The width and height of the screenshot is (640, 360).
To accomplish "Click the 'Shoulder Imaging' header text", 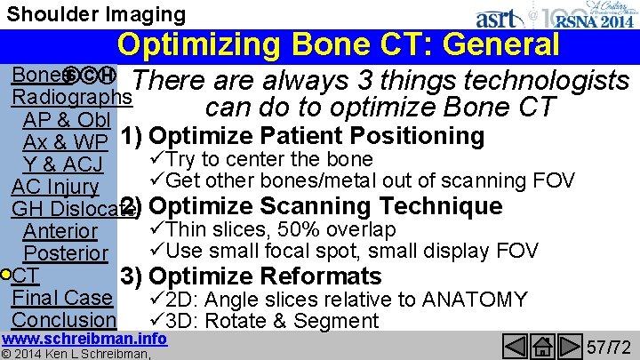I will (x=93, y=14).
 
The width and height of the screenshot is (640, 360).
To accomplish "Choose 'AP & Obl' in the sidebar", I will (x=67, y=120).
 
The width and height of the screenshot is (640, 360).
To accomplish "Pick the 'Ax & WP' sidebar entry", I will (x=65, y=142).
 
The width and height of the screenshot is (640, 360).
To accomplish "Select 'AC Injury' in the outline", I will (x=55, y=187).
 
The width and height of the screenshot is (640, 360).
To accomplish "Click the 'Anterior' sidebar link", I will (x=60, y=231).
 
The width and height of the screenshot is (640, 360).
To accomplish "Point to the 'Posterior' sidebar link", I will (x=65, y=253).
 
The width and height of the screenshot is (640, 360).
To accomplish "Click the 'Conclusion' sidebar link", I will (x=65, y=319).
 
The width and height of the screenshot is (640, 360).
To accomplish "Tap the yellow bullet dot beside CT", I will (x=6, y=275).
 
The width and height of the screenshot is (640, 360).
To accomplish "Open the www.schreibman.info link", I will (x=84, y=339).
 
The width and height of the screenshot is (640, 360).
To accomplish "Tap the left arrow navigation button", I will (x=516, y=344).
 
